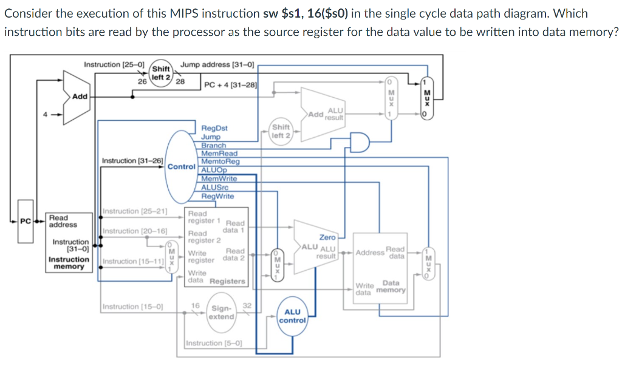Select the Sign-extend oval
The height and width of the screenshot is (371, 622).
click(221, 313)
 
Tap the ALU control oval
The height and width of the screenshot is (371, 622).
click(292, 316)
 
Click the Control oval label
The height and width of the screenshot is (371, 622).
click(181, 166)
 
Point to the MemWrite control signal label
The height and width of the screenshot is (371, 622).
click(219, 179)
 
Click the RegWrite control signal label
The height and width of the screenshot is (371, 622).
click(217, 196)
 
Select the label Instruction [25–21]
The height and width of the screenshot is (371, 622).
click(135, 211)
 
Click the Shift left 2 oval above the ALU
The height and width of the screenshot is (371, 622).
click(281, 131)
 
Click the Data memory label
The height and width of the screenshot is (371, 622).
click(390, 287)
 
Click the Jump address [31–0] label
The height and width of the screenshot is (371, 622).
click(217, 64)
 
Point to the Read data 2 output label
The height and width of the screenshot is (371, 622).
click(234, 254)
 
